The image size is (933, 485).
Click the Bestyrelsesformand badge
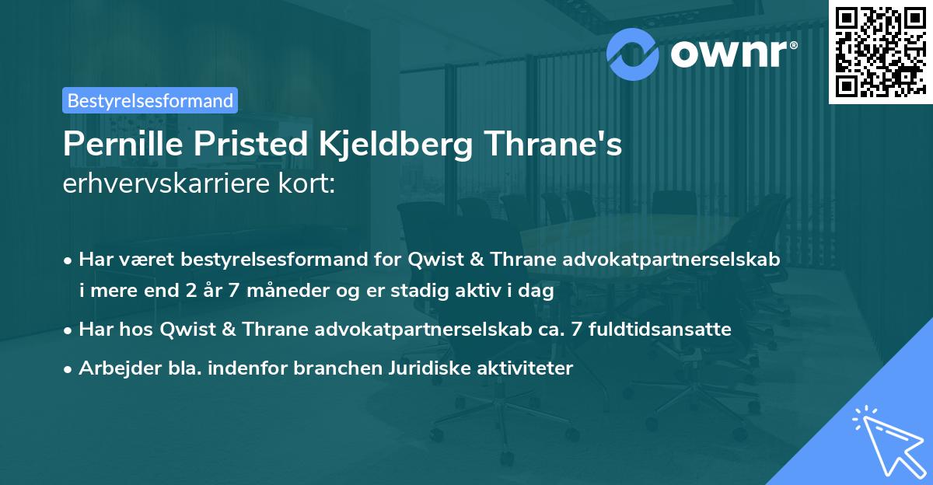(x=150, y=100)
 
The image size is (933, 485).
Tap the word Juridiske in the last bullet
(x=423, y=368)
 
